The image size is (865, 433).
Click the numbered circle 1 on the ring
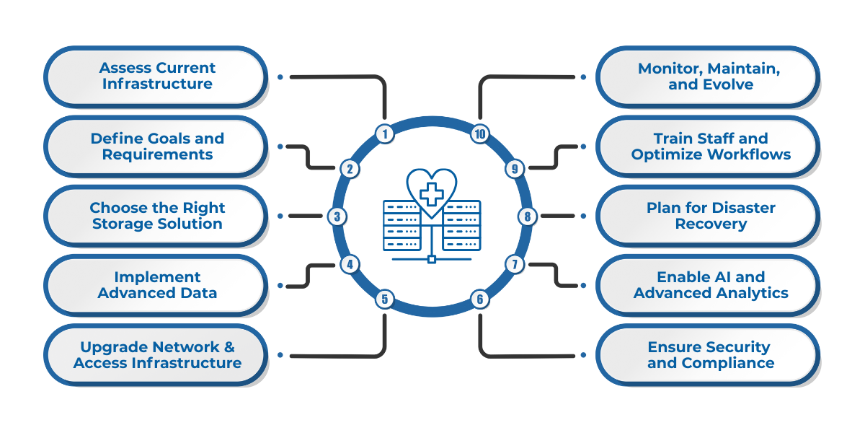point(385,134)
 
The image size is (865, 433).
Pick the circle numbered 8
point(528,216)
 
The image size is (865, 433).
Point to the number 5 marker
point(385,298)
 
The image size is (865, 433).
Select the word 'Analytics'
point(750,293)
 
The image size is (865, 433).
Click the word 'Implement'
point(157,277)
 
